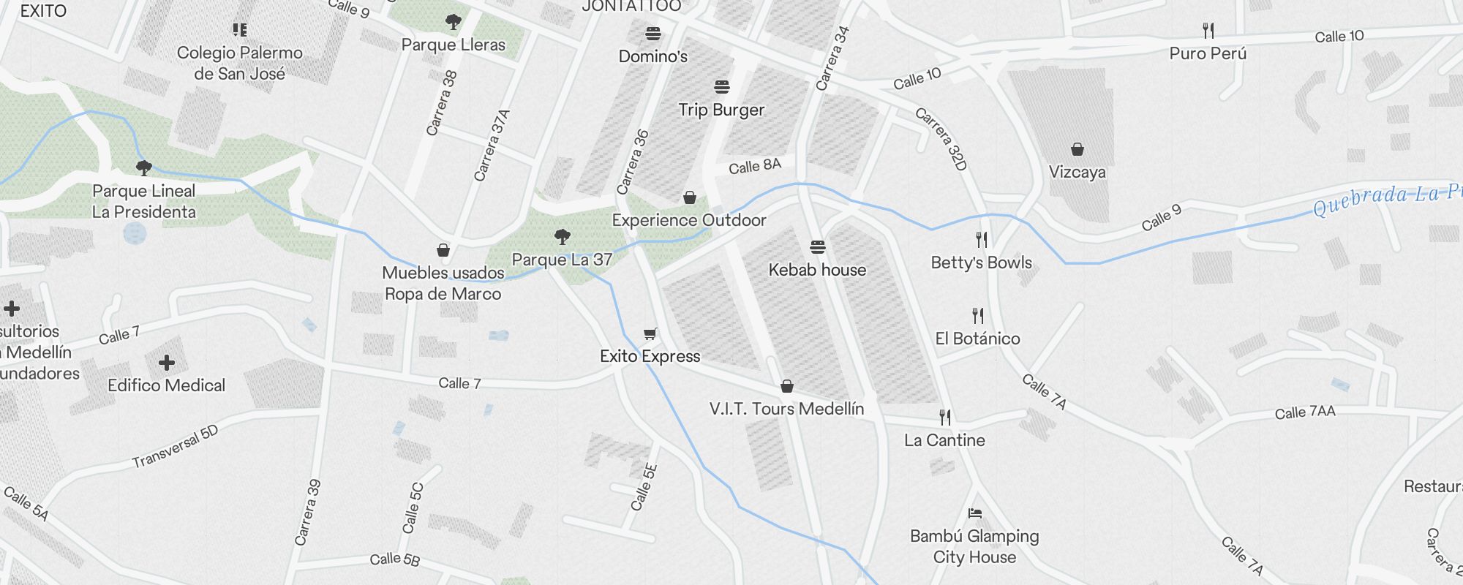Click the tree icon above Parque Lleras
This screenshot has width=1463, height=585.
coord(454,22)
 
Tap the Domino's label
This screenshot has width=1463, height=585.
coord(652,56)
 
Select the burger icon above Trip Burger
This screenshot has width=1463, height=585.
coord(722,88)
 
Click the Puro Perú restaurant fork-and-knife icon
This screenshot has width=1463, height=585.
coord(1208,31)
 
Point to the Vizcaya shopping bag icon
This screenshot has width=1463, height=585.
coord(1077,150)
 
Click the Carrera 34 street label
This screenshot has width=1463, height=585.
coord(832,58)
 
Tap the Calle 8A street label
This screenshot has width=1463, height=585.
coord(755,166)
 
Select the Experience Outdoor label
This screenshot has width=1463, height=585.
coord(689,220)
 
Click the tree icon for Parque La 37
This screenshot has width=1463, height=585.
coord(562,236)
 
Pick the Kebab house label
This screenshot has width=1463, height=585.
coord(817,270)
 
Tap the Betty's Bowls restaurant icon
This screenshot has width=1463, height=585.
coord(982,239)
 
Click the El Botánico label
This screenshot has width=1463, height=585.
coord(977,339)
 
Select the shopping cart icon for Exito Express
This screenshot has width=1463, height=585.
coord(650,334)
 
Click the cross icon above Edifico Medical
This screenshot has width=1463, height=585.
coord(167,362)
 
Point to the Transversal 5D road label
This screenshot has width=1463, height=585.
coord(175,447)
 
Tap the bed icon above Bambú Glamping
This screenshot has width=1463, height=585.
coord(974,513)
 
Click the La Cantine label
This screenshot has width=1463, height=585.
coord(944,440)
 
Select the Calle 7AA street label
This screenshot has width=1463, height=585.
coord(1305,412)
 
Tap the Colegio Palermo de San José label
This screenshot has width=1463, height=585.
coord(240,63)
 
